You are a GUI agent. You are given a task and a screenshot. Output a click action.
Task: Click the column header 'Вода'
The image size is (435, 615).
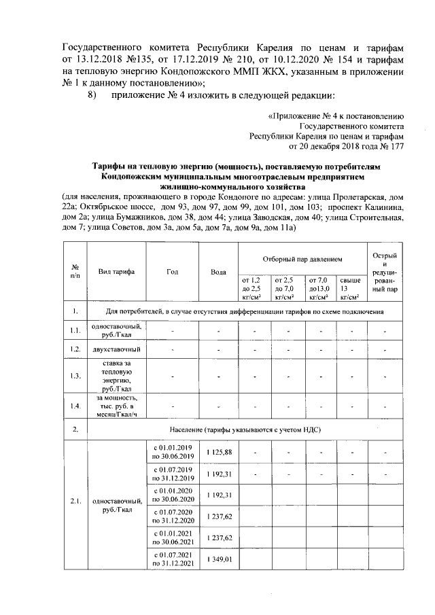tap(218, 272)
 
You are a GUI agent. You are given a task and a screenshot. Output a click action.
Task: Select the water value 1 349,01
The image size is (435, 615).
tap(218, 559)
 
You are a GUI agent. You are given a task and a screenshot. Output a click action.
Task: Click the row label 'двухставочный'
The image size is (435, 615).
tap(116, 349)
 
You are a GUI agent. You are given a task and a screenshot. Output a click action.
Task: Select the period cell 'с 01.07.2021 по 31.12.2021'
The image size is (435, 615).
tap(173, 559)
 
